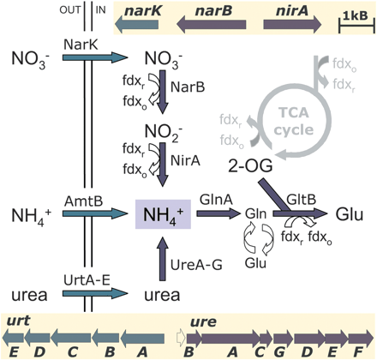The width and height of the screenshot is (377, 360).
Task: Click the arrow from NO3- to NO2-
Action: coord(161,96)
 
